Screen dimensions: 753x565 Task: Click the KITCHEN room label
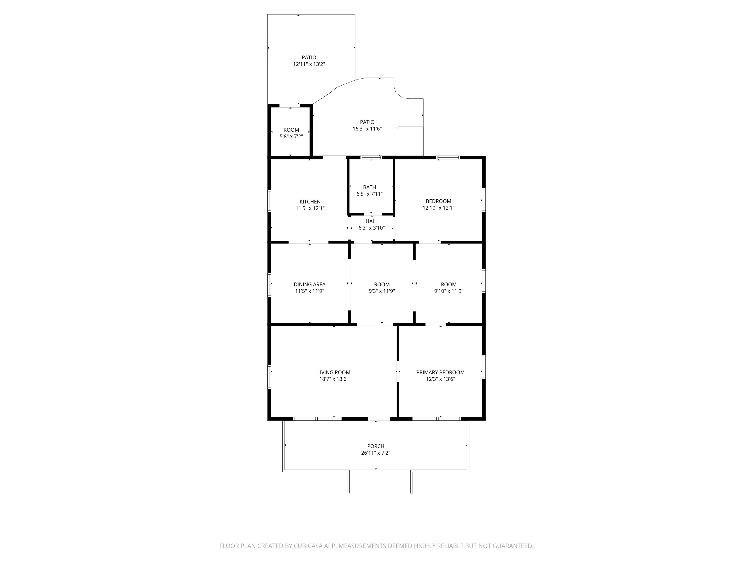point(310,202)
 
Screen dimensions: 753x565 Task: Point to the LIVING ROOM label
point(334,372)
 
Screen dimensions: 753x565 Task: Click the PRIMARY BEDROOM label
point(440,372)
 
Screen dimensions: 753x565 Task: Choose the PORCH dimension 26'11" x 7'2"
point(376,453)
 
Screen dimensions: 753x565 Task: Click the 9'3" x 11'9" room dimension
point(382,291)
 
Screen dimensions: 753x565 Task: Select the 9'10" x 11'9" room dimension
point(449,291)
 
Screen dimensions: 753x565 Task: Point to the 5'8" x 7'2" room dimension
point(291,137)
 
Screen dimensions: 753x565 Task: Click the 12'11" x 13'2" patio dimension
point(309,64)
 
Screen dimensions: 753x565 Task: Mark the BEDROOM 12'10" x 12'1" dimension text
point(439,208)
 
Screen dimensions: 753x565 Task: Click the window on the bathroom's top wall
point(371,158)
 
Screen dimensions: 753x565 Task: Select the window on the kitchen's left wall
point(269,201)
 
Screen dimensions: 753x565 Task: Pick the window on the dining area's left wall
point(269,285)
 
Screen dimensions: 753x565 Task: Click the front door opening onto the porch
point(379,419)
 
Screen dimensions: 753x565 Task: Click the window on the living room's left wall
point(269,377)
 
